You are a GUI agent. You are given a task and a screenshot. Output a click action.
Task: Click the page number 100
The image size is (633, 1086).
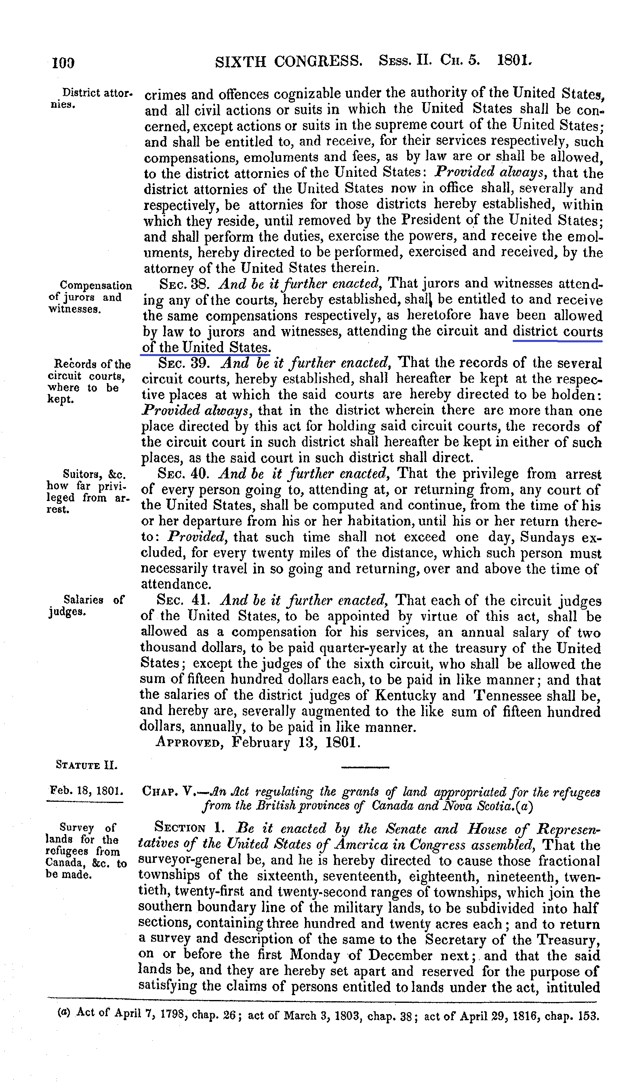pos(63,63)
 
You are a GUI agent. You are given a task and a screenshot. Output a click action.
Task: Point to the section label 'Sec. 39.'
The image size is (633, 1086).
pos(184,363)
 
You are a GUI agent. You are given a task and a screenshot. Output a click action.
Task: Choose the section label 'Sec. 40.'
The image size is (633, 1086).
pos(183,474)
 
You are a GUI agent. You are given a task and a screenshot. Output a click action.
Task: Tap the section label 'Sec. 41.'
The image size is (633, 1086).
pos(183,600)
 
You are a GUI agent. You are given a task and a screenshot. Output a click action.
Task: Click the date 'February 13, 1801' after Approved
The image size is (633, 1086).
pos(296,742)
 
